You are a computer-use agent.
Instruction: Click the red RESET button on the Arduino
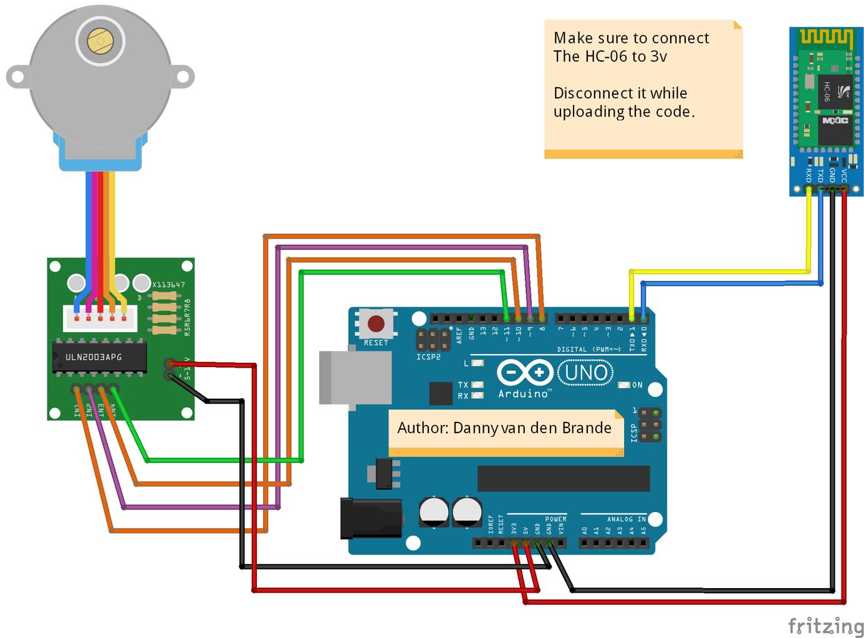376,324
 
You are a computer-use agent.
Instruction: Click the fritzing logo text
825,625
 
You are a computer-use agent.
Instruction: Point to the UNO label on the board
586,373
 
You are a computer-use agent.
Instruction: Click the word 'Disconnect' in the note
590,93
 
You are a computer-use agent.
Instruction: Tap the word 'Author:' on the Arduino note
423,428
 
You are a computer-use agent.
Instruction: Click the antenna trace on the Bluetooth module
826,38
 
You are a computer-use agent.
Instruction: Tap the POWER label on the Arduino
555,519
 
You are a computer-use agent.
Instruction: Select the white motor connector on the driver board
100,318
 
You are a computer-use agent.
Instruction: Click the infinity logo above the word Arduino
524,373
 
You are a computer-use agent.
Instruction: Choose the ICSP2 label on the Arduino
428,357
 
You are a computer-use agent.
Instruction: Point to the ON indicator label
637,385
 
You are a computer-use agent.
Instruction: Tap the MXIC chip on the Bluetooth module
835,120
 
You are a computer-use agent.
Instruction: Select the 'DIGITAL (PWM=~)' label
588,350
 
